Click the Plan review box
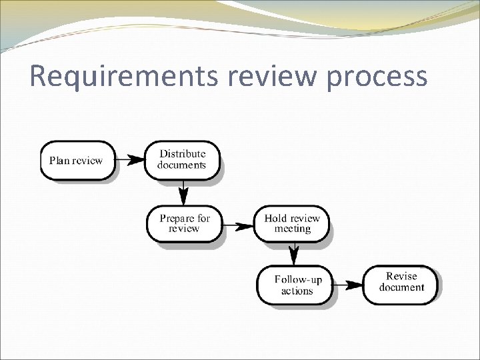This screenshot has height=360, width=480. pyautogui.click(x=77, y=160)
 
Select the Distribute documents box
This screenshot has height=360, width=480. pyautogui.click(x=182, y=160)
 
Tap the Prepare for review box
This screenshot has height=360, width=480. pyautogui.click(x=184, y=223)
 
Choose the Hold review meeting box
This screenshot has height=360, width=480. pyautogui.click(x=291, y=223)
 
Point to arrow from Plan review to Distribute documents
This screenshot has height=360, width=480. pyautogui.click(x=130, y=160)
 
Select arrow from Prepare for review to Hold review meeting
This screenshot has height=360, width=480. pyautogui.click(x=237, y=226)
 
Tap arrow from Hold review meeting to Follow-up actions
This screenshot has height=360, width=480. pyautogui.click(x=293, y=253)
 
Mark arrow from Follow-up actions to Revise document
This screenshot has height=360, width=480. pyautogui.click(x=347, y=285)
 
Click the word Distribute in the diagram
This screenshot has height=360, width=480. pyautogui.click(x=182, y=154)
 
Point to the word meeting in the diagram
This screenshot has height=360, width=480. pyautogui.click(x=293, y=229)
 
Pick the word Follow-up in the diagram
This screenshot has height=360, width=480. pyautogui.click(x=298, y=280)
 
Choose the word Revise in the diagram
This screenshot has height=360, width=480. pyautogui.click(x=401, y=276)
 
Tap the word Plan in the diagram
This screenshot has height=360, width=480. pyautogui.click(x=59, y=160)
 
